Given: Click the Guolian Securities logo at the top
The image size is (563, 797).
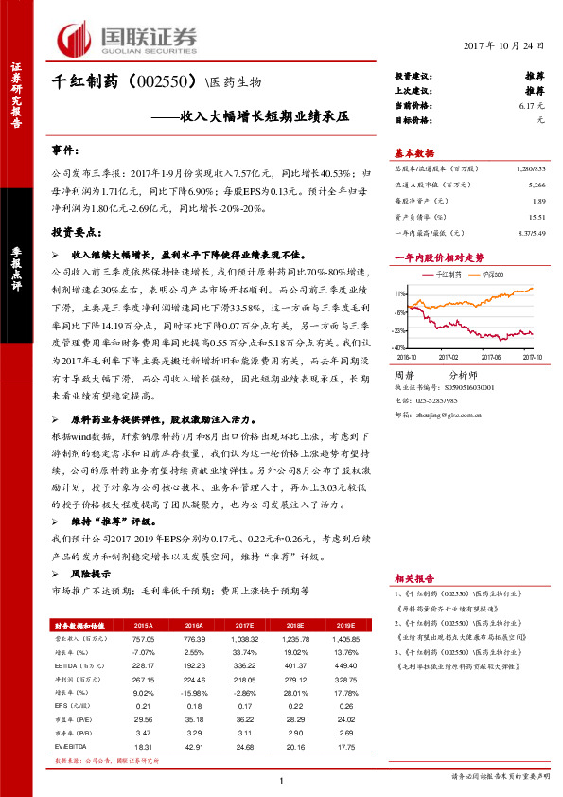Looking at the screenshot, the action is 128,37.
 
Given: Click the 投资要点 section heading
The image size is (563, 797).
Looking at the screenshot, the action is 76,232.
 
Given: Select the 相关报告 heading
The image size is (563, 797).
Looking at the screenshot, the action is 414,578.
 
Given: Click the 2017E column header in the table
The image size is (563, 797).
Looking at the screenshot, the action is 242,626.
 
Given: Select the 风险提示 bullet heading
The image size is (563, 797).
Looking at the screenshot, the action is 92,574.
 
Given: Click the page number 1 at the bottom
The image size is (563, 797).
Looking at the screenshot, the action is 281,780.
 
